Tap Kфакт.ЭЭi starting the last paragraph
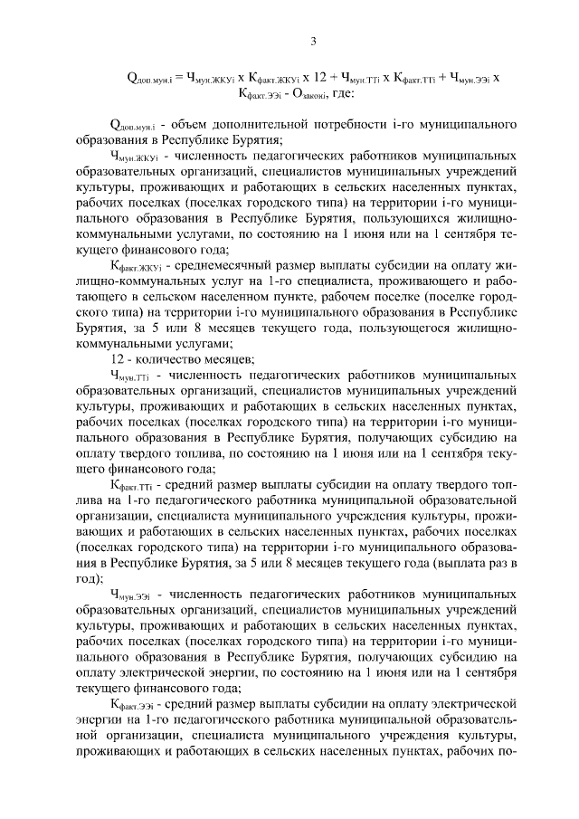click(130, 701)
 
